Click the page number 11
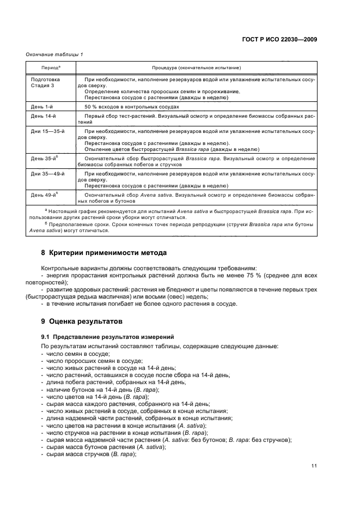point(314,465)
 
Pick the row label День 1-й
point(42,108)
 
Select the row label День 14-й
point(44,116)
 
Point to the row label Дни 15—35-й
point(47,132)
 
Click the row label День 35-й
point(44,158)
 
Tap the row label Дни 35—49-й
point(47,173)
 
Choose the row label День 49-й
point(44,195)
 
